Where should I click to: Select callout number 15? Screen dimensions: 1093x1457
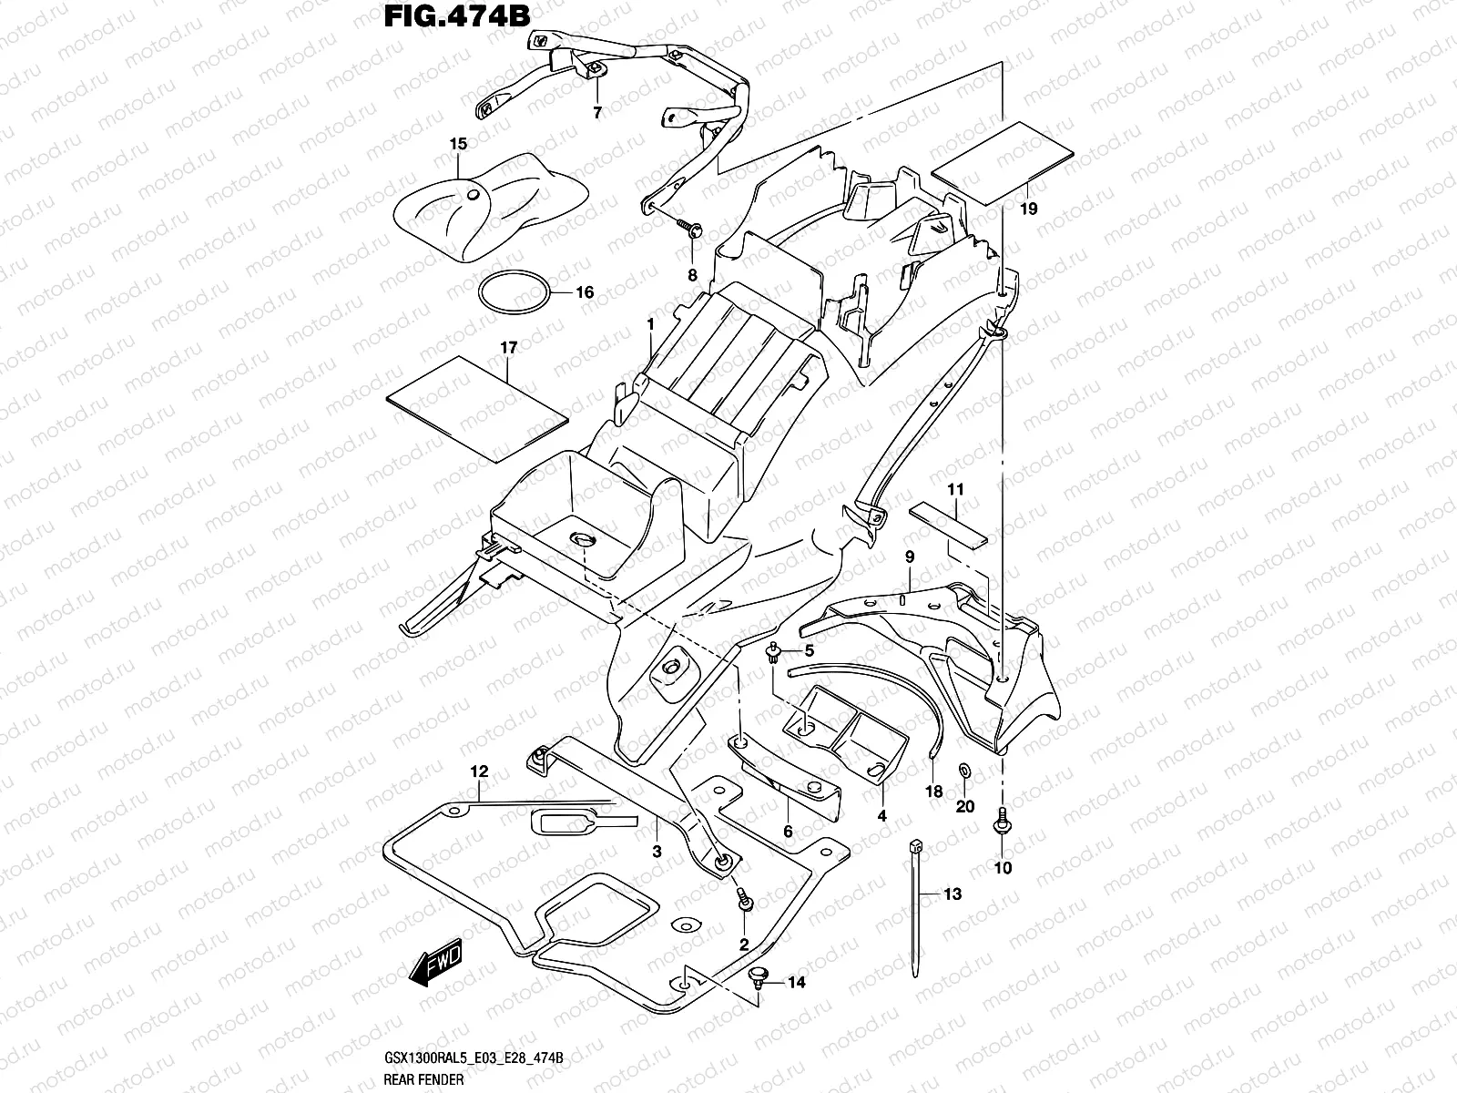point(458,144)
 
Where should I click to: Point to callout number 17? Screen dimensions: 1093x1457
point(508,348)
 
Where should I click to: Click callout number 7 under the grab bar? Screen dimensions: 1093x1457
point(597,114)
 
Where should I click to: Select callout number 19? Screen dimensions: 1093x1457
point(1029,209)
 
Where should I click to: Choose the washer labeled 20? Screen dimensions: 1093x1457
point(965,772)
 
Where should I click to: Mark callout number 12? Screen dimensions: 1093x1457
point(480,772)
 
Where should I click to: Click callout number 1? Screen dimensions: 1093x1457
point(651,324)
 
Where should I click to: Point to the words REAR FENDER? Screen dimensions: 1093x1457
point(424,1079)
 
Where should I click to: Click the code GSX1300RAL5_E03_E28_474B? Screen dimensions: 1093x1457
point(473,1058)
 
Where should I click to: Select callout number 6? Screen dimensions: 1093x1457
point(789,832)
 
